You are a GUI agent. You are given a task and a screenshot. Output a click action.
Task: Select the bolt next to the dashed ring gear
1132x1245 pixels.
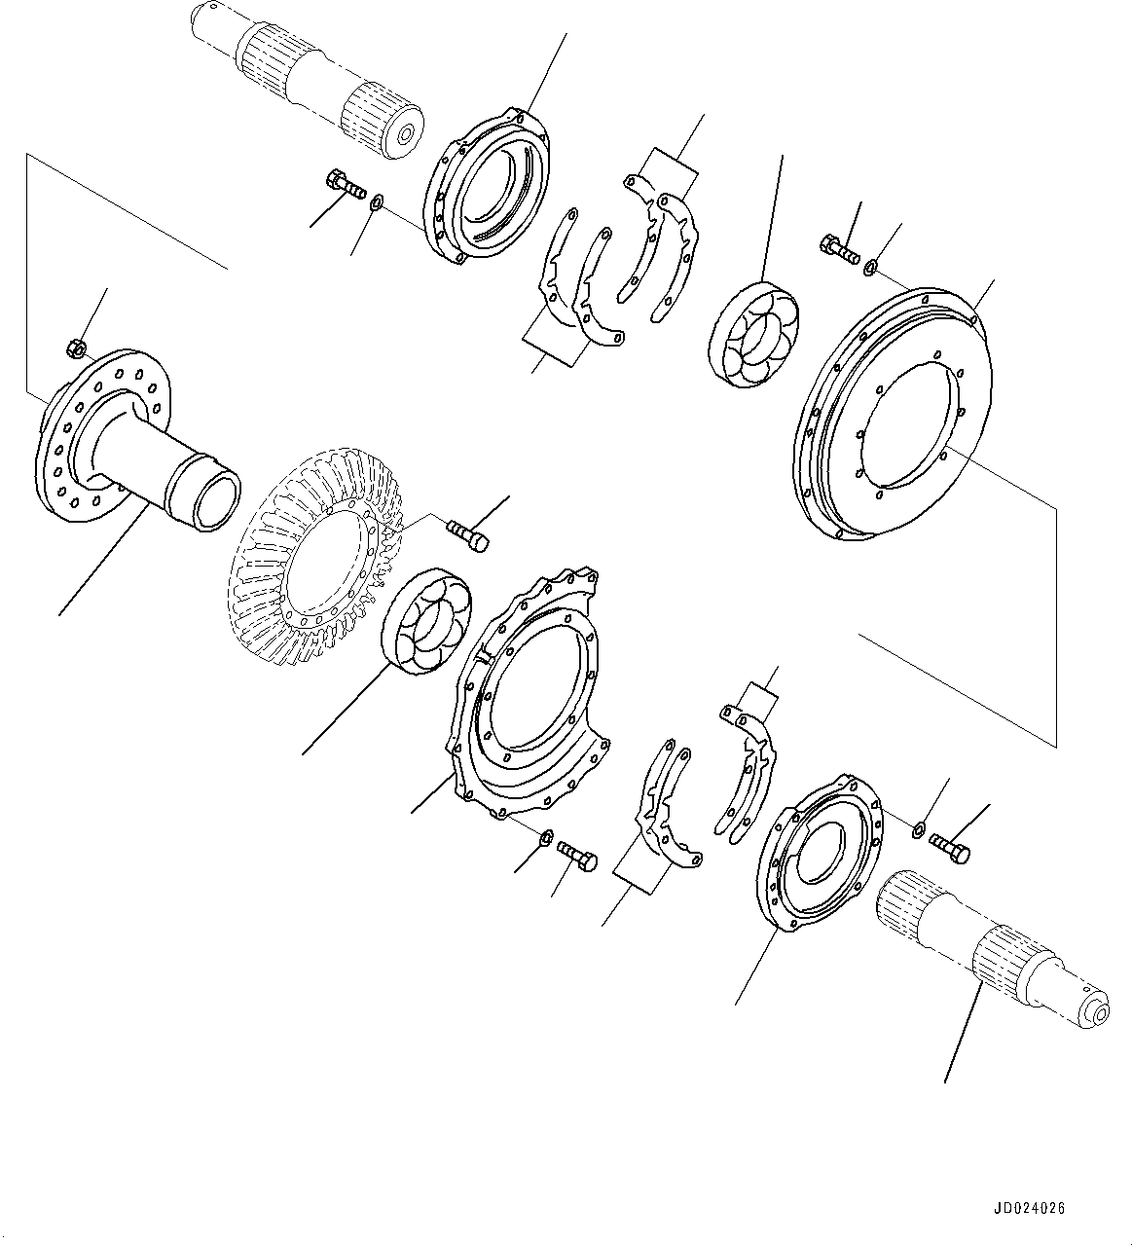(x=467, y=535)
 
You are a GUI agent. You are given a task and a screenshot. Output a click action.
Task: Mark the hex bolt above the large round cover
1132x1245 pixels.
(x=839, y=249)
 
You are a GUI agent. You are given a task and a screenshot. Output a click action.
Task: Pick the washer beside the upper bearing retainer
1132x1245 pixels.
(x=377, y=201)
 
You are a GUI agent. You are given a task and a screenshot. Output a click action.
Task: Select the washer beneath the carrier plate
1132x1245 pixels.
(x=546, y=837)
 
